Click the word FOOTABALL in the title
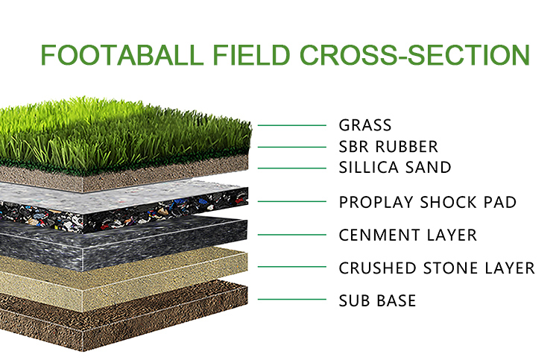122,55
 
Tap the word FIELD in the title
251,55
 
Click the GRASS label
365,125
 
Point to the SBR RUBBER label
388,147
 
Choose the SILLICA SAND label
395,168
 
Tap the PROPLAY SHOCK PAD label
428,202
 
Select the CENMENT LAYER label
408,236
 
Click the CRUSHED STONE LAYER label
437,268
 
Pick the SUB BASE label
377,300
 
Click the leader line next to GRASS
292,125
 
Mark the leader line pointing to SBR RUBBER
292,147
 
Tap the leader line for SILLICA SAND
292,168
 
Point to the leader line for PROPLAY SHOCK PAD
292,201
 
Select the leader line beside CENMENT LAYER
292,235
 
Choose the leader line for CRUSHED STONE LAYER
292,267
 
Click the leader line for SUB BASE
292,300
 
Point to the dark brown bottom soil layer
121,318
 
